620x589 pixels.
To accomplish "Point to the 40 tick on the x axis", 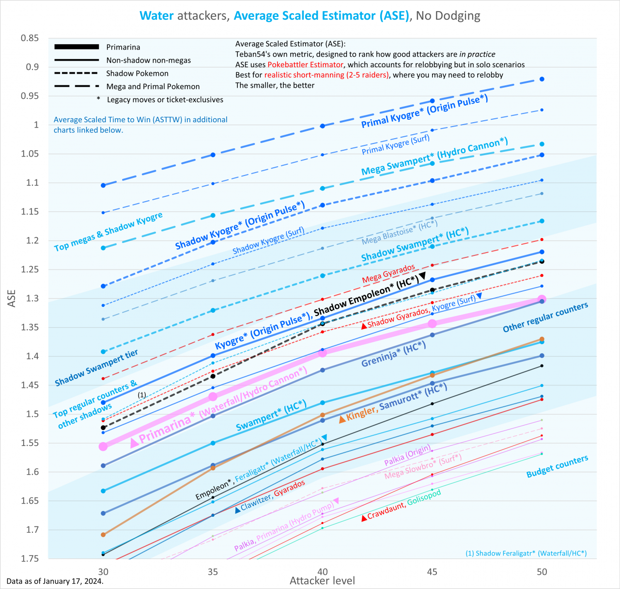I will click(x=323, y=572).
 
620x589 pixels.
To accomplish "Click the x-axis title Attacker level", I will click(x=322, y=580).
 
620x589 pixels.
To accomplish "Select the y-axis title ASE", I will click(x=12, y=298).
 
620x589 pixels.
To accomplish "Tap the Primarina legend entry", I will click(x=123, y=47).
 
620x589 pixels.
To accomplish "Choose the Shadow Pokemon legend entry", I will click(x=137, y=73).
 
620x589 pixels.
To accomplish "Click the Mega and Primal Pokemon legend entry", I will click(x=153, y=86).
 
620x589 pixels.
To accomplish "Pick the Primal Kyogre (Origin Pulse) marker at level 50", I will click(x=542, y=79).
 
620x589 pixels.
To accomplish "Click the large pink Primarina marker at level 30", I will click(x=103, y=446).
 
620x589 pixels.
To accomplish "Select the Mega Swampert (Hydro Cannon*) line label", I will click(x=434, y=156).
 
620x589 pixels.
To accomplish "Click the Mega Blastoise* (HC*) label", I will click(x=400, y=233).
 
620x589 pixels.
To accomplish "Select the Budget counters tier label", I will click(x=557, y=466).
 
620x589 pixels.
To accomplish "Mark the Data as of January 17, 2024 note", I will click(x=55, y=581).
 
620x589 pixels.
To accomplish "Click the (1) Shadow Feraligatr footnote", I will click(x=526, y=553).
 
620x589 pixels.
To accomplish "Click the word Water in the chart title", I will click(x=156, y=16).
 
